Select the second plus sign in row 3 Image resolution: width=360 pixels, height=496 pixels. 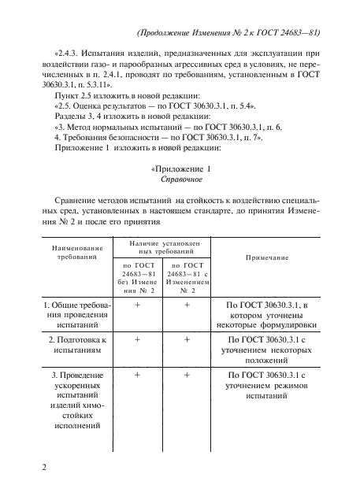point(187,375)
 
